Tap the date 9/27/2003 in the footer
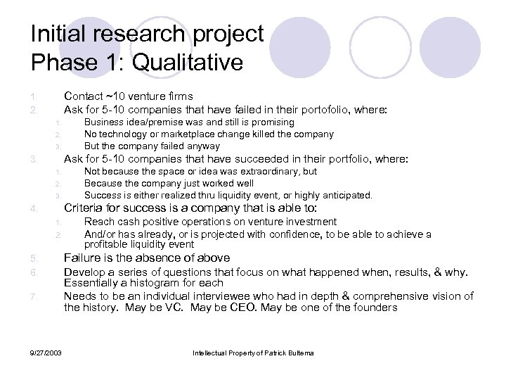tap(47, 353)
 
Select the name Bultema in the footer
tap(297, 353)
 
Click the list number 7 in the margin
tap(33, 297)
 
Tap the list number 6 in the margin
tap(33, 272)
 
